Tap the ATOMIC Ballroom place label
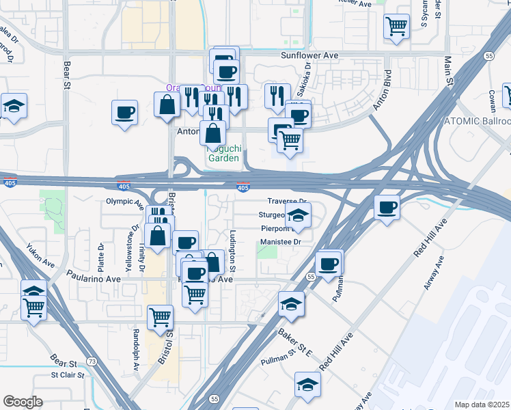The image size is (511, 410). pyautogui.click(x=478, y=120)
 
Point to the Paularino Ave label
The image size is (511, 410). pyautogui.click(x=94, y=279)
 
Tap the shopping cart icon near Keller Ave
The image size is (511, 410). pyautogui.click(x=396, y=27)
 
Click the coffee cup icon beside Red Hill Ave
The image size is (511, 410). pyautogui.click(x=387, y=207)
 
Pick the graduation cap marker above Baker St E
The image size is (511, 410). pyautogui.click(x=291, y=304)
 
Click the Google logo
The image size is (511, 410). pyautogui.click(x=23, y=402)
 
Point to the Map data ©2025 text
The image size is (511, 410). pyautogui.click(x=482, y=405)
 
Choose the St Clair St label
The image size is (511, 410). pyautogui.click(x=68, y=374)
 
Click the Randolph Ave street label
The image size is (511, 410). pyautogui.click(x=136, y=348)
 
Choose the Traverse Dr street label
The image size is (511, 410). pyautogui.click(x=287, y=202)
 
